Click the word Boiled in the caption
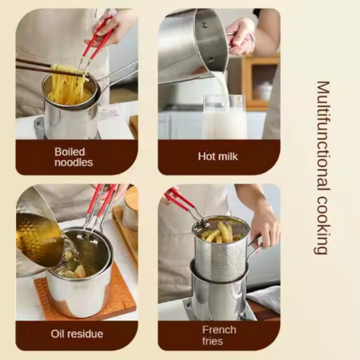(x=70, y=152)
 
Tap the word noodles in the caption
(x=73, y=162)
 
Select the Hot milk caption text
(x=218, y=156)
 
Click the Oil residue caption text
(x=77, y=334)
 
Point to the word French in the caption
(x=219, y=330)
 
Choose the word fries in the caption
(x=213, y=341)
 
